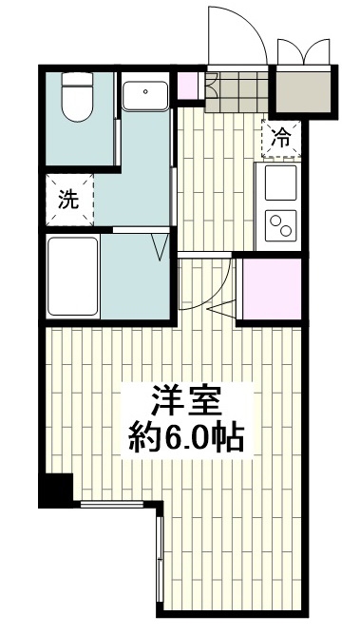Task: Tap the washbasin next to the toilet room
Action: coord(144,94)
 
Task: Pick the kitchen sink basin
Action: coord(281,178)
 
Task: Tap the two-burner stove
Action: coord(281,225)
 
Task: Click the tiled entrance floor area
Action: coord(238,92)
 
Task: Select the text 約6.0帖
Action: coord(186,437)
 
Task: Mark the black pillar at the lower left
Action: coord(55,489)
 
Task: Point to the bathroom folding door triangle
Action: coord(161,249)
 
